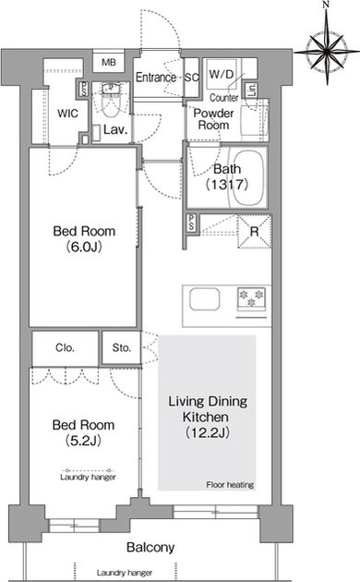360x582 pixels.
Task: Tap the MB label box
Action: pyautogui.click(x=109, y=63)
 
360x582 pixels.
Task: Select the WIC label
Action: pyautogui.click(x=68, y=114)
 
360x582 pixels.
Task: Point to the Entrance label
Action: pyautogui.click(x=156, y=78)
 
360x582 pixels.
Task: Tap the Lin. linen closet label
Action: pyautogui.click(x=252, y=91)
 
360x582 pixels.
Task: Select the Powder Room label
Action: pyautogui.click(x=213, y=119)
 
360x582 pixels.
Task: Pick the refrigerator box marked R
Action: pyautogui.click(x=254, y=232)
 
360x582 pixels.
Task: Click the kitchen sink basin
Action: pyautogui.click(x=205, y=299)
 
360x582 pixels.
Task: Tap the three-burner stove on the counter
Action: pyautogui.click(x=252, y=299)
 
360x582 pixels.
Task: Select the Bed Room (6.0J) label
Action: pyautogui.click(x=84, y=238)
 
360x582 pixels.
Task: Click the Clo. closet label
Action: pyautogui.click(x=65, y=347)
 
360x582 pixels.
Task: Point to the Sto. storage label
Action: pyautogui.click(x=122, y=347)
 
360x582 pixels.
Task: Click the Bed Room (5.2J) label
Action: pyautogui.click(x=83, y=432)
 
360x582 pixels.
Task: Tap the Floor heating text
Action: pyautogui.click(x=230, y=484)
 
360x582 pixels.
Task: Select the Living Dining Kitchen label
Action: pyautogui.click(x=208, y=417)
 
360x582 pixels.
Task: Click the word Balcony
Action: pyautogui.click(x=150, y=547)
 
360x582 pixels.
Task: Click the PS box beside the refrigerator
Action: pyautogui.click(x=192, y=224)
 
